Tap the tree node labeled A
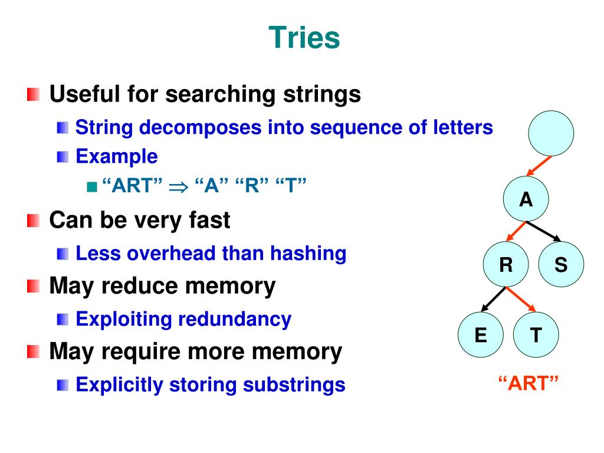[526, 200]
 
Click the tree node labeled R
[505, 265]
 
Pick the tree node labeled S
[561, 265]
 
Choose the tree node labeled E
[481, 335]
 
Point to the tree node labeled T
[536, 335]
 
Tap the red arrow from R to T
[521, 299]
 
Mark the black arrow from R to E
[494, 299]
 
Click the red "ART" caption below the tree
[528, 384]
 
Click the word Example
[117, 156]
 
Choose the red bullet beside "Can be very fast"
[33, 221]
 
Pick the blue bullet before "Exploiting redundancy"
[63, 319]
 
